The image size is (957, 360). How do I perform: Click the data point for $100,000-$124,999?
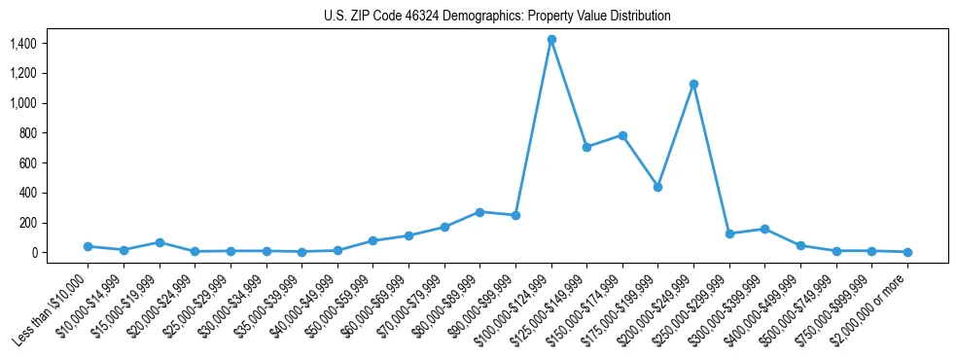coord(551,40)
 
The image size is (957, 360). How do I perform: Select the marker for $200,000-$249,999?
coord(693,84)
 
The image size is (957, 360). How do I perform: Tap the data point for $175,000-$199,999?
coord(657,187)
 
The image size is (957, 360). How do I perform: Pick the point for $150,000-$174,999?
coord(622,135)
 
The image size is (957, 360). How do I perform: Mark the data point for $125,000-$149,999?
coord(586,147)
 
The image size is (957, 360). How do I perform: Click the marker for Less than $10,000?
coord(88,246)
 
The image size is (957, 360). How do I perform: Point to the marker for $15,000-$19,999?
coord(159,242)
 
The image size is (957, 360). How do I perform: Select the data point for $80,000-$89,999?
coord(479,212)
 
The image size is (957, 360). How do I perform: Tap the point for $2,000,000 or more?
coord(907,252)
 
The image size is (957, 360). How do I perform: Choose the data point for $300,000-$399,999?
coord(764,229)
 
